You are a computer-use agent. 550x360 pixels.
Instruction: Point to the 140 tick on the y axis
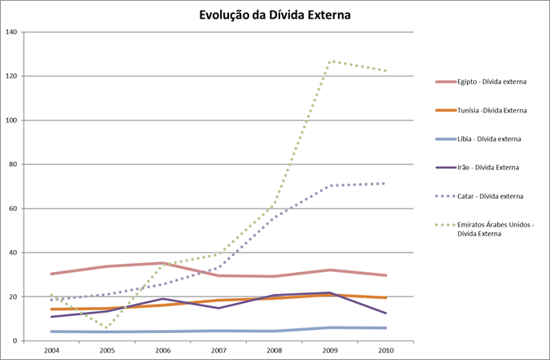[x=11, y=32]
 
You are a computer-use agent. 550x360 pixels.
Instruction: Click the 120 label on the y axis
[x=11, y=76]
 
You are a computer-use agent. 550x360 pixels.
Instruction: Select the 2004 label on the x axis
[x=52, y=350]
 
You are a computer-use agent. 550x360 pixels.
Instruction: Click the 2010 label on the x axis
[x=386, y=350]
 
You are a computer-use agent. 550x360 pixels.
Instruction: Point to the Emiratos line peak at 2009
[x=331, y=61]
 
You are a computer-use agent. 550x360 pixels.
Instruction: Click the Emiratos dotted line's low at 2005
[x=108, y=327]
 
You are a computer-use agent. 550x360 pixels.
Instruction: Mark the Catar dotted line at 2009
[x=331, y=186]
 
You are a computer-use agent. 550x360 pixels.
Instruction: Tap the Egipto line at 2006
[x=164, y=263]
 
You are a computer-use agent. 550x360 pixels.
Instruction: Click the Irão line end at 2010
[x=386, y=314]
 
